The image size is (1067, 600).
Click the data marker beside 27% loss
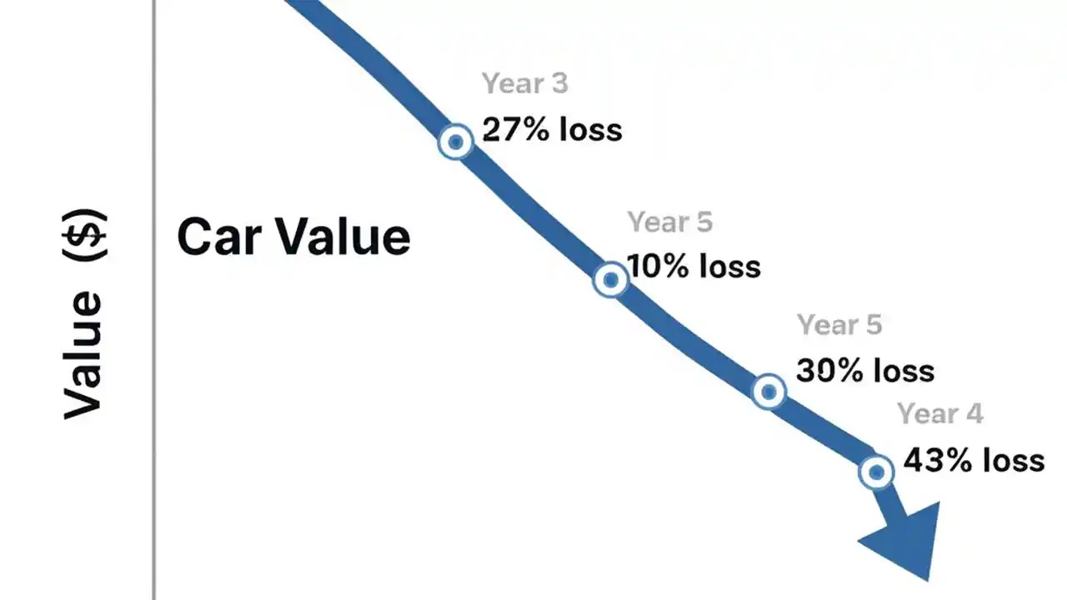(x=455, y=142)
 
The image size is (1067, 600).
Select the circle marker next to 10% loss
(x=610, y=279)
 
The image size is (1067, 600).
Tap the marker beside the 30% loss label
(x=769, y=391)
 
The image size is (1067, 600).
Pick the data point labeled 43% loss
(x=875, y=472)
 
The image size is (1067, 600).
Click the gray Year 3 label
(x=525, y=84)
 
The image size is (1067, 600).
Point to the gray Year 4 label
(x=939, y=414)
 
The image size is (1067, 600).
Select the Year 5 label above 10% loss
(x=670, y=222)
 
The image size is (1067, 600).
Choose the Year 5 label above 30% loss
(x=839, y=325)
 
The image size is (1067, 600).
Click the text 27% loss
(x=553, y=130)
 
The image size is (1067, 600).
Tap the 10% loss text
(x=694, y=267)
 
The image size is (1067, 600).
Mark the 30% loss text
(x=865, y=370)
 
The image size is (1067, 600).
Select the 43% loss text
(x=974, y=460)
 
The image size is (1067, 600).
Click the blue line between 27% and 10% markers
(x=533, y=212)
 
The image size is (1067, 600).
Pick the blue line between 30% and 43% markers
(x=824, y=432)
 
